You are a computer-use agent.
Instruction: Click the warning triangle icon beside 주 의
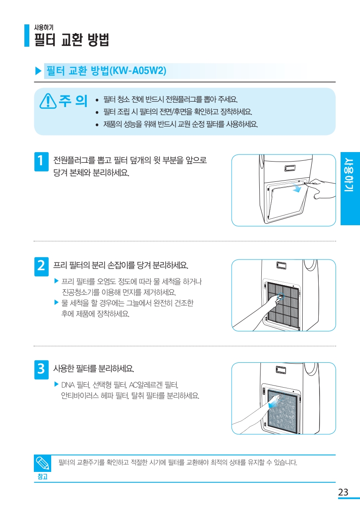pos(48,101)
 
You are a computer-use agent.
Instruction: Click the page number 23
pos(343,492)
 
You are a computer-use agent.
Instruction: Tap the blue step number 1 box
pos(41,162)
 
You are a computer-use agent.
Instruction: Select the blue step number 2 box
pos(41,267)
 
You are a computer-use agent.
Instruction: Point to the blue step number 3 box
pos(41,369)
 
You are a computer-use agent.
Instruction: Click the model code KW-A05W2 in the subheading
pos(138,70)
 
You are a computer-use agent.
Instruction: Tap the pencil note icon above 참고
pos(43,463)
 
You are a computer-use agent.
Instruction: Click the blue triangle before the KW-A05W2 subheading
pos(38,71)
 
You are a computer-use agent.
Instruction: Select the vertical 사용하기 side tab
pos(350,188)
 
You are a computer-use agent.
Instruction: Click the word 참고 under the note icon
pos(43,476)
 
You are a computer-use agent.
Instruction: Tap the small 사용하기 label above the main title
pos(44,27)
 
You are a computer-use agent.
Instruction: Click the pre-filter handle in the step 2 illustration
pos(280,297)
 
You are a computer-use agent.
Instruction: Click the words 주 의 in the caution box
pos(73,101)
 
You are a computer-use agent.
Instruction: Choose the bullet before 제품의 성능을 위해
pos(97,125)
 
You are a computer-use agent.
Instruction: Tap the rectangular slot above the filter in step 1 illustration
pos(290,168)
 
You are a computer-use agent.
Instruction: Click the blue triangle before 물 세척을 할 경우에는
pos(57,302)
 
